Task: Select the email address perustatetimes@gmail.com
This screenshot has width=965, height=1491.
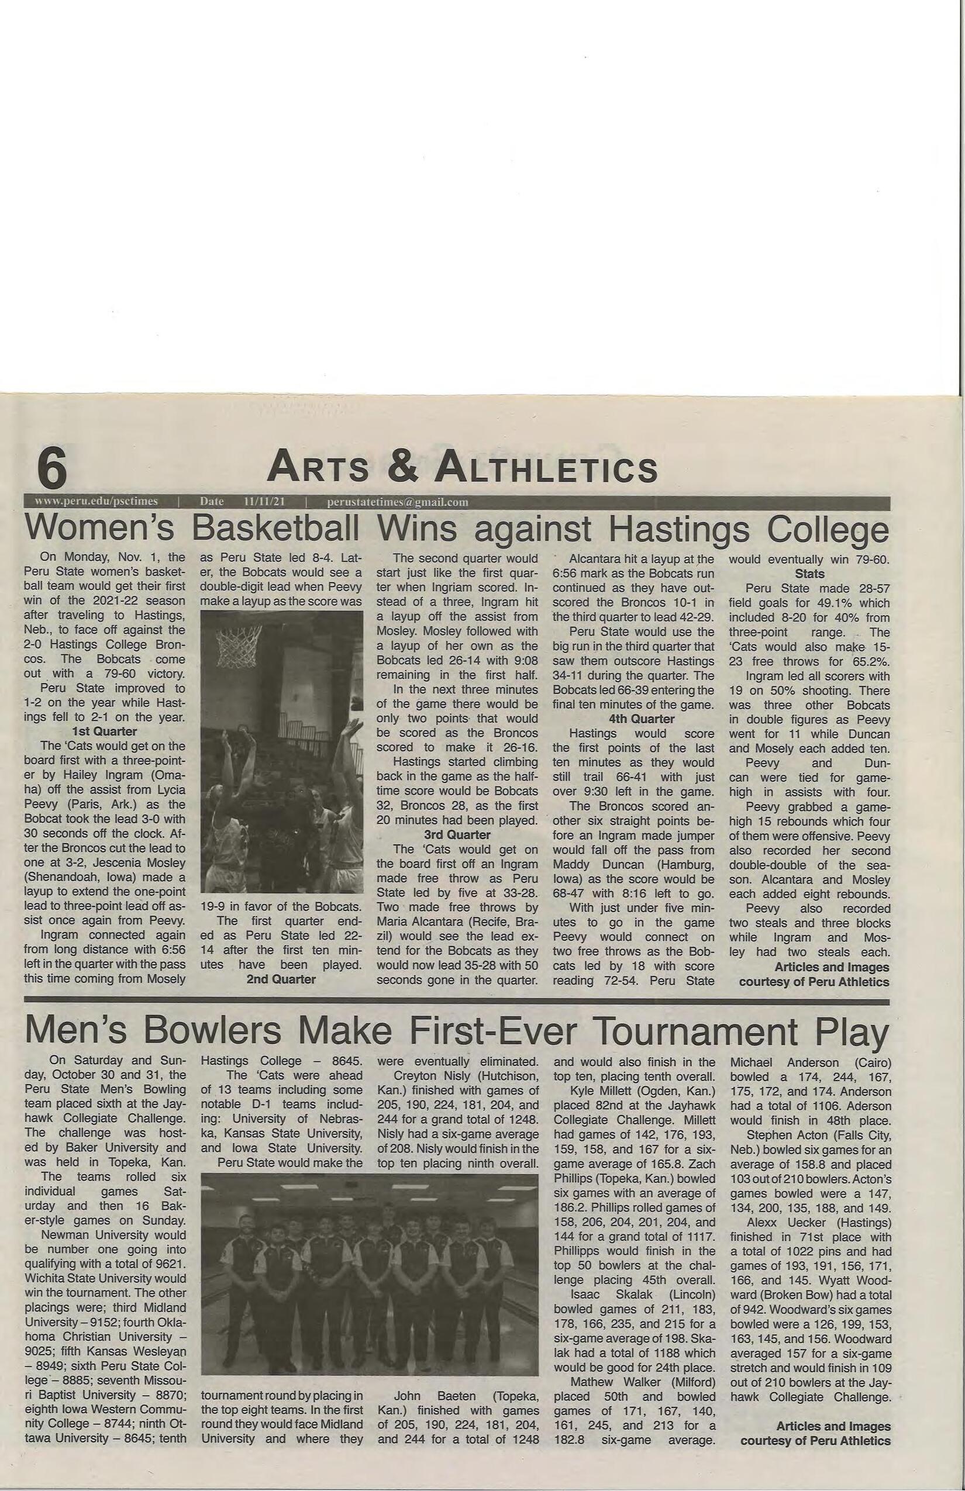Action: pos(397,502)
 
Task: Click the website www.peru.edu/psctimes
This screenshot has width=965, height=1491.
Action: pos(96,501)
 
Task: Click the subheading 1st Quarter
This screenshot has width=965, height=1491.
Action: pos(104,731)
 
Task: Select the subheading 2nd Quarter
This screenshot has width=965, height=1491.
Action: pos(281,979)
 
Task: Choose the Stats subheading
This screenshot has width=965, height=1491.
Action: pos(809,574)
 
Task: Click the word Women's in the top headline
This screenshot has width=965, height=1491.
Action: pos(99,529)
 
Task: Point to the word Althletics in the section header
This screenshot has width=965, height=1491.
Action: pos(546,467)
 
